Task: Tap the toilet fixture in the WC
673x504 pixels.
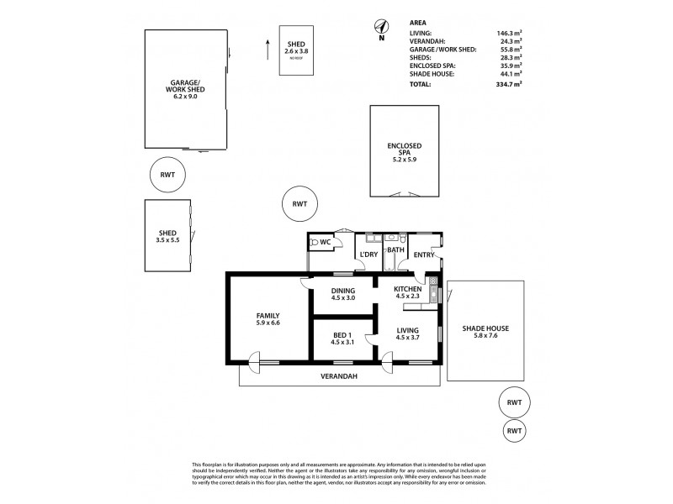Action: (315, 244)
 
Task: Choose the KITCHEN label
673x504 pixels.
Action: (407, 289)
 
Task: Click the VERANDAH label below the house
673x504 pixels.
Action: (341, 377)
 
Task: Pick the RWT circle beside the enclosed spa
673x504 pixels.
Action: (299, 204)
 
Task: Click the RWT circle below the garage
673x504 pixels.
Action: (167, 175)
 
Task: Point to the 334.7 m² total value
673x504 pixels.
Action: (508, 85)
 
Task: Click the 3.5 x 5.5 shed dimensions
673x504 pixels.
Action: (167, 240)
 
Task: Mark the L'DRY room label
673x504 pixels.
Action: (368, 254)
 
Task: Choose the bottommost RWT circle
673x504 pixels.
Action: (515, 431)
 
